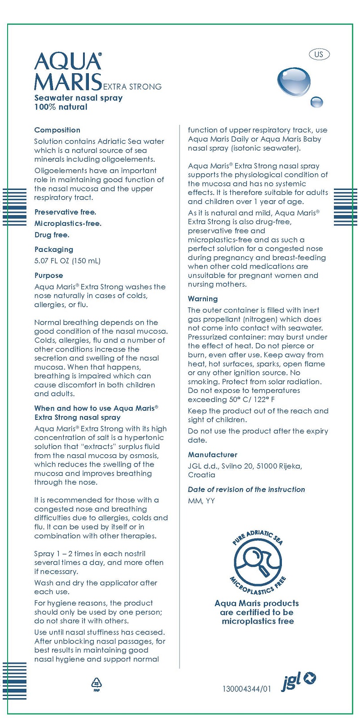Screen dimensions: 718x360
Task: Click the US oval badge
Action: coord(319,54)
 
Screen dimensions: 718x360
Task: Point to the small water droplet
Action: coord(317,102)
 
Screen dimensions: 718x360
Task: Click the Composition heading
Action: coord(57,130)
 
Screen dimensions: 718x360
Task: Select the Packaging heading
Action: coord(53,250)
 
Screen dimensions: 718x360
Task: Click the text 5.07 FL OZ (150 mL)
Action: coord(67,261)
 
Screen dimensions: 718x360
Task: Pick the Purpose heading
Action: coord(48,276)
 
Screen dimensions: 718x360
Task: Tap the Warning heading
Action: coord(202,299)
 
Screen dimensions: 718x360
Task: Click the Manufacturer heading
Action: coord(212,455)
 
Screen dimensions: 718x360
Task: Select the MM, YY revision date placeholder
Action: coord(201,501)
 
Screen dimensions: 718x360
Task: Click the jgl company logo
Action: coord(298,681)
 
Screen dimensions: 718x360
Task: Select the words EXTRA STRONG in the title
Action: coord(132,87)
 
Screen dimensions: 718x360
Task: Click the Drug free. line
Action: coord(52,235)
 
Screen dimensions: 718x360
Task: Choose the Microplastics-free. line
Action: coord(68,224)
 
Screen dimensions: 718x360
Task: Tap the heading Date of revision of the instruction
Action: coord(246,489)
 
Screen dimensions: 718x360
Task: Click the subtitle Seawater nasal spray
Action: coord(79,98)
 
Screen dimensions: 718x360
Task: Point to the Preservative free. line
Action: coord(65,212)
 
